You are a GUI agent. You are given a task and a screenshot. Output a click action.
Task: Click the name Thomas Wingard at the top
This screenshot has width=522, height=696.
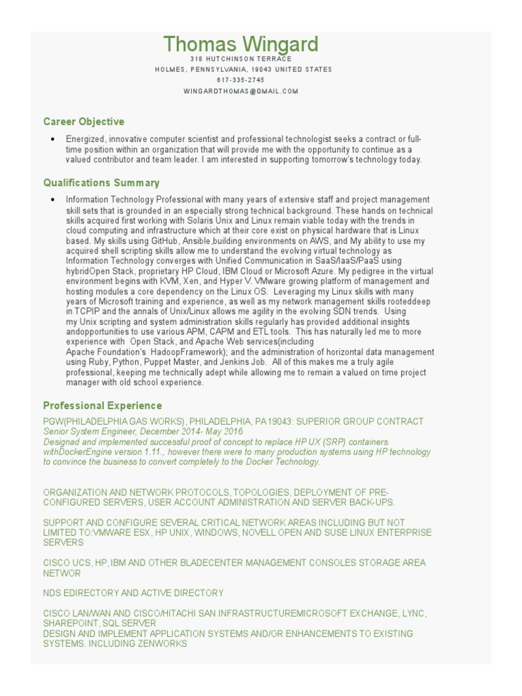[241, 44]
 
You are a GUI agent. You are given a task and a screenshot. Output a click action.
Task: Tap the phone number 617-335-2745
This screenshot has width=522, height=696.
[241, 80]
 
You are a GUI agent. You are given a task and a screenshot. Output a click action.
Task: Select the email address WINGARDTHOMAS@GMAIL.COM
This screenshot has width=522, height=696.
[241, 90]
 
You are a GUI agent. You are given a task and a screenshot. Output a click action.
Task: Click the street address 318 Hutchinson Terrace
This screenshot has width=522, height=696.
[241, 59]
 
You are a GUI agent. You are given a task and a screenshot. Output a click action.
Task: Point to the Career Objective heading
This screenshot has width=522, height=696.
[84, 122]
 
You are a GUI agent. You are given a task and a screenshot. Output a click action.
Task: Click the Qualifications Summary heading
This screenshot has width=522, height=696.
[101, 182]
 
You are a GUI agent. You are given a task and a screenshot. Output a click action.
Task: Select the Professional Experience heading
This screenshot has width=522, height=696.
[103, 405]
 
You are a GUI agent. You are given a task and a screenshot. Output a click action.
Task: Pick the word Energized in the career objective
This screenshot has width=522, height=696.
[85, 139]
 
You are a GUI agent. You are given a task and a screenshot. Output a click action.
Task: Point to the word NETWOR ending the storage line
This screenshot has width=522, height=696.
[62, 573]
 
